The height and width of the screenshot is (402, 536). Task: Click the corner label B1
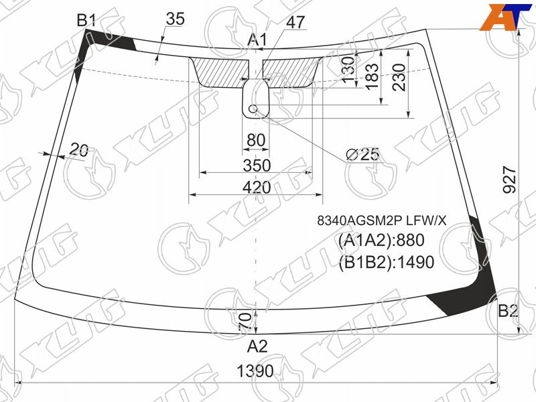[x=86, y=21]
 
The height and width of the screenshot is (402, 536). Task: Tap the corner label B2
[x=508, y=311]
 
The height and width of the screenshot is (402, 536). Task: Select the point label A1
[x=257, y=40]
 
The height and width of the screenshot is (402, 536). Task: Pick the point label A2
[x=257, y=346]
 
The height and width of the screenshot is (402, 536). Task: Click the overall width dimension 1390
[x=255, y=371]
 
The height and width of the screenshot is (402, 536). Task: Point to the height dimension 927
[x=510, y=180]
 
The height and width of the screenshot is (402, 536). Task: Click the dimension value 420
[x=257, y=188]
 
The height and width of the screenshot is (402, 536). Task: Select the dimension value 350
[x=257, y=165]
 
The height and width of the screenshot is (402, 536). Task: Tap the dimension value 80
[x=256, y=140]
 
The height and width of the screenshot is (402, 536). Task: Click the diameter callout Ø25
[x=362, y=155]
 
